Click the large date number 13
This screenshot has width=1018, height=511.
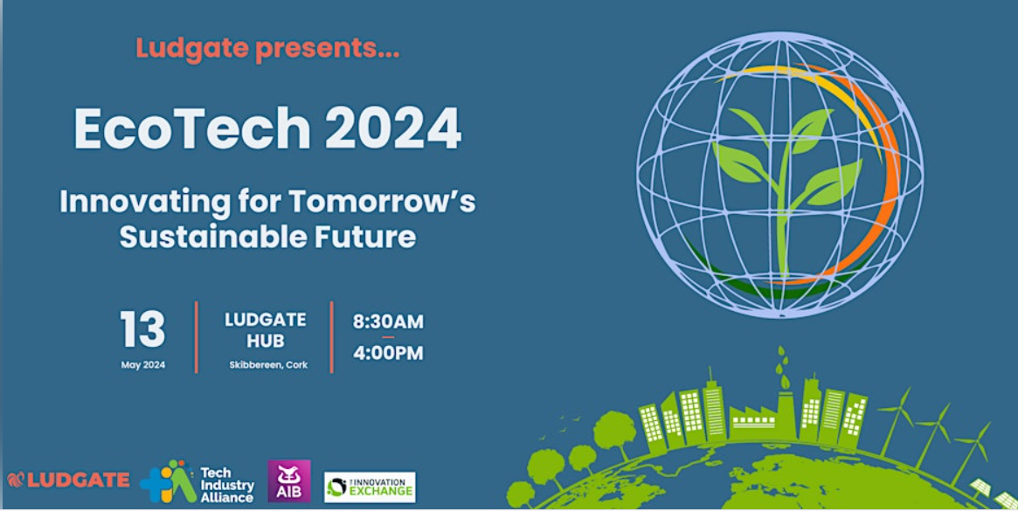(x=142, y=330)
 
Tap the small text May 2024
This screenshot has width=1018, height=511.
(x=142, y=364)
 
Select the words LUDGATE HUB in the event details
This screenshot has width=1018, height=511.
(x=264, y=330)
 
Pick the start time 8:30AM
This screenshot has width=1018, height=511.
(x=388, y=321)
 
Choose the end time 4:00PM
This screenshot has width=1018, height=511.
(x=388, y=353)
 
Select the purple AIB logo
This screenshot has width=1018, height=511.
(x=288, y=481)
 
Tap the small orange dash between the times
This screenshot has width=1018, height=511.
(x=388, y=337)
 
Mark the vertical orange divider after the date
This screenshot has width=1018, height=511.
(x=196, y=337)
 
